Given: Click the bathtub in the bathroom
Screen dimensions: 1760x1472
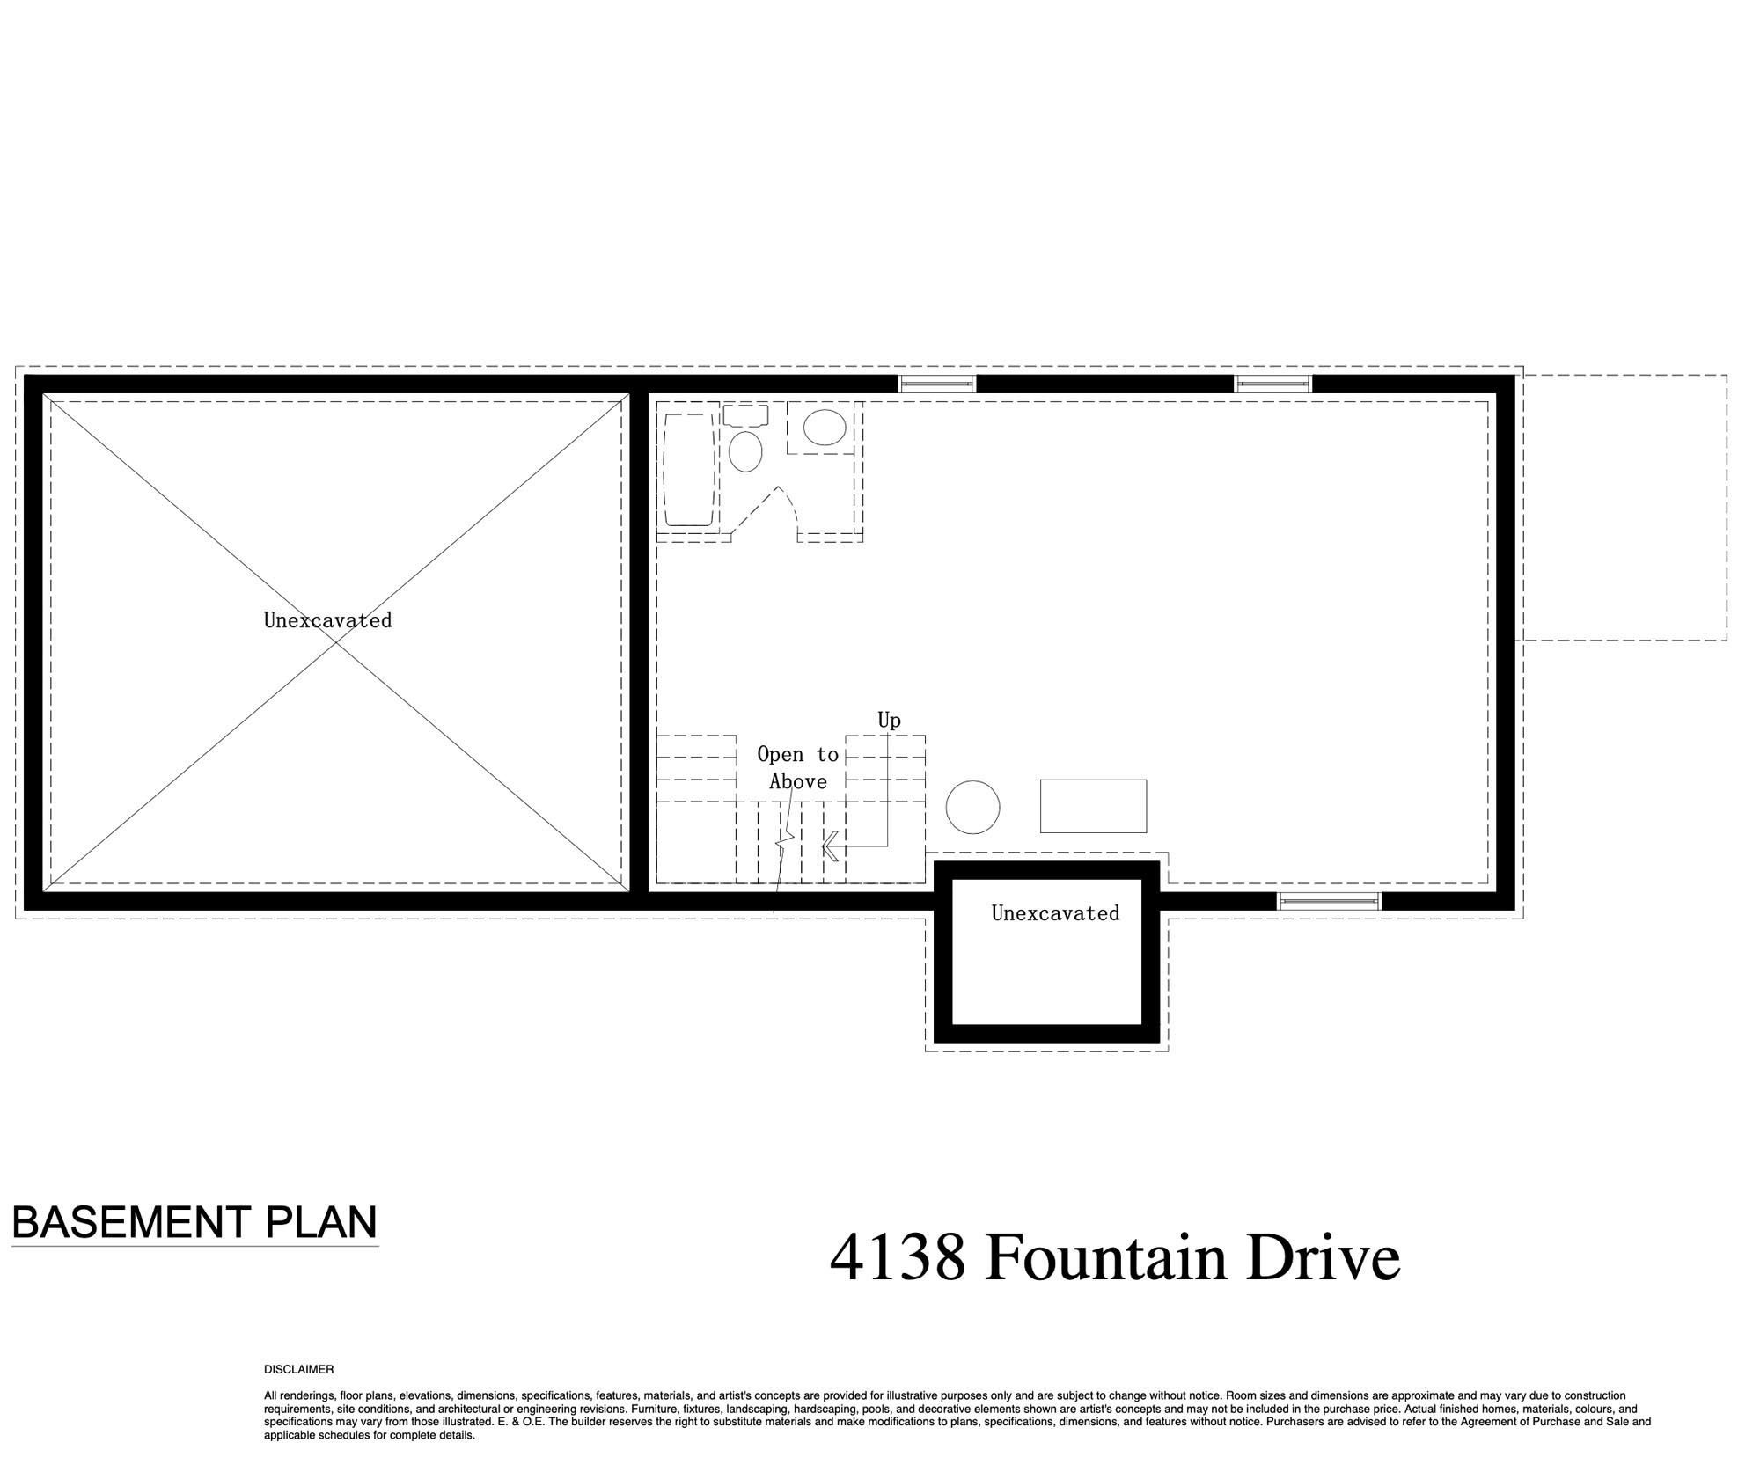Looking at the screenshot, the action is tap(688, 470).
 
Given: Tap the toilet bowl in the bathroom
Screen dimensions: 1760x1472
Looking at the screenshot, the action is tap(746, 451).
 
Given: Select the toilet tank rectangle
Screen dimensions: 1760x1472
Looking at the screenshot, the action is tap(745, 415).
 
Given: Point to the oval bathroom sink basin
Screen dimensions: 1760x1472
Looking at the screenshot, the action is tap(825, 427).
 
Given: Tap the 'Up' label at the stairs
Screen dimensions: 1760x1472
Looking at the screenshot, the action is tap(889, 721).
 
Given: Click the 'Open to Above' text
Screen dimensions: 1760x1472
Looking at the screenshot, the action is tap(797, 768).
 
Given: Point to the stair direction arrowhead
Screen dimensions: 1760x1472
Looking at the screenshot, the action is tap(829, 847).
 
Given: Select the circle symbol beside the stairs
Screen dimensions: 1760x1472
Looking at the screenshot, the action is tap(972, 807).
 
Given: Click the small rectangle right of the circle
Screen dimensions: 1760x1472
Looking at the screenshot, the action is tap(1093, 806).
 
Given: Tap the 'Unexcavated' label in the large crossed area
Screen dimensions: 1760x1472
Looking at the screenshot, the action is tap(327, 620).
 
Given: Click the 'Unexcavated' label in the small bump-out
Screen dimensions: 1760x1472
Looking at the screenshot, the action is tap(1055, 913).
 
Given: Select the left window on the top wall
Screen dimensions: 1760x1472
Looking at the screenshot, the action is tap(937, 384).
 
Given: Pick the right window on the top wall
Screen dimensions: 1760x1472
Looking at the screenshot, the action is tap(1273, 384).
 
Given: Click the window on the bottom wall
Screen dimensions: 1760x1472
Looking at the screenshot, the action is tap(1329, 900).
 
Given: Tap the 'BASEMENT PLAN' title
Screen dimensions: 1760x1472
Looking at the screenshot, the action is tap(194, 1222).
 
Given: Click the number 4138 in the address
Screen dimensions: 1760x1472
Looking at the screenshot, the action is tap(897, 1258).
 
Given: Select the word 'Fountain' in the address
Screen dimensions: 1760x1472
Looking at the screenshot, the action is tap(1104, 1257).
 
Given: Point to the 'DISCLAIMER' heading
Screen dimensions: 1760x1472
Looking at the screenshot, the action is tap(299, 1370).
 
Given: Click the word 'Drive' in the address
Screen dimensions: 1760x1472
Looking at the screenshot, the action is tap(1323, 1257).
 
